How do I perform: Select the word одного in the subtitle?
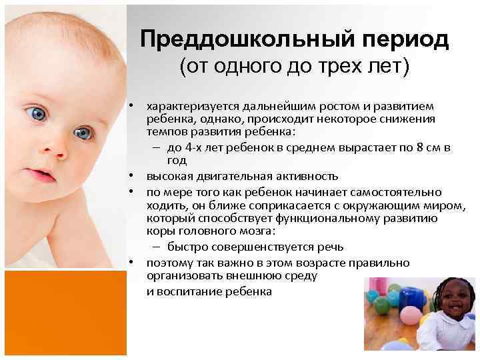tap(252, 67)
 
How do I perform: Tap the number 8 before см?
tap(414, 147)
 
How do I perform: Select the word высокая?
tap(167, 176)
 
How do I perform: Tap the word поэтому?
tap(168, 263)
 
